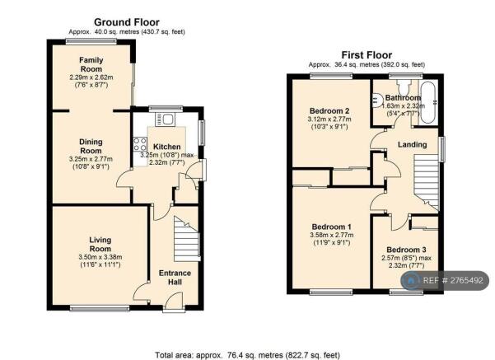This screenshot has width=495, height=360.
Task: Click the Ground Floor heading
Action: point(127,22)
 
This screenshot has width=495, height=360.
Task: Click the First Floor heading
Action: point(367,55)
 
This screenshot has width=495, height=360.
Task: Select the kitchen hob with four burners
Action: point(140,144)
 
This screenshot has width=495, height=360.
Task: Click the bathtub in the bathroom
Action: point(427,102)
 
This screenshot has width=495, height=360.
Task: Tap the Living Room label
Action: point(100,244)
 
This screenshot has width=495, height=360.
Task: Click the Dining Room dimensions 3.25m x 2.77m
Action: point(91,159)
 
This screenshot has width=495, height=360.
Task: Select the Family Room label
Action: point(91,64)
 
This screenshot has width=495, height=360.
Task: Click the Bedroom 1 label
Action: point(331,227)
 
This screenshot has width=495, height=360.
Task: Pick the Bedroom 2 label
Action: point(329,111)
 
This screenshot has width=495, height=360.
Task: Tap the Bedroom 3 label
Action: point(406,250)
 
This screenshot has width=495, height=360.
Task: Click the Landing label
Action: point(412,145)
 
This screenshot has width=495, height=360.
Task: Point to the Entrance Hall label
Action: point(175,278)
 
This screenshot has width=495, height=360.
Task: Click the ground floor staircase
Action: point(187,239)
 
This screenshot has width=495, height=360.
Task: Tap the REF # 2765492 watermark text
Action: point(453,280)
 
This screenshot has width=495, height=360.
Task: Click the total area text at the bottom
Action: point(247,355)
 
